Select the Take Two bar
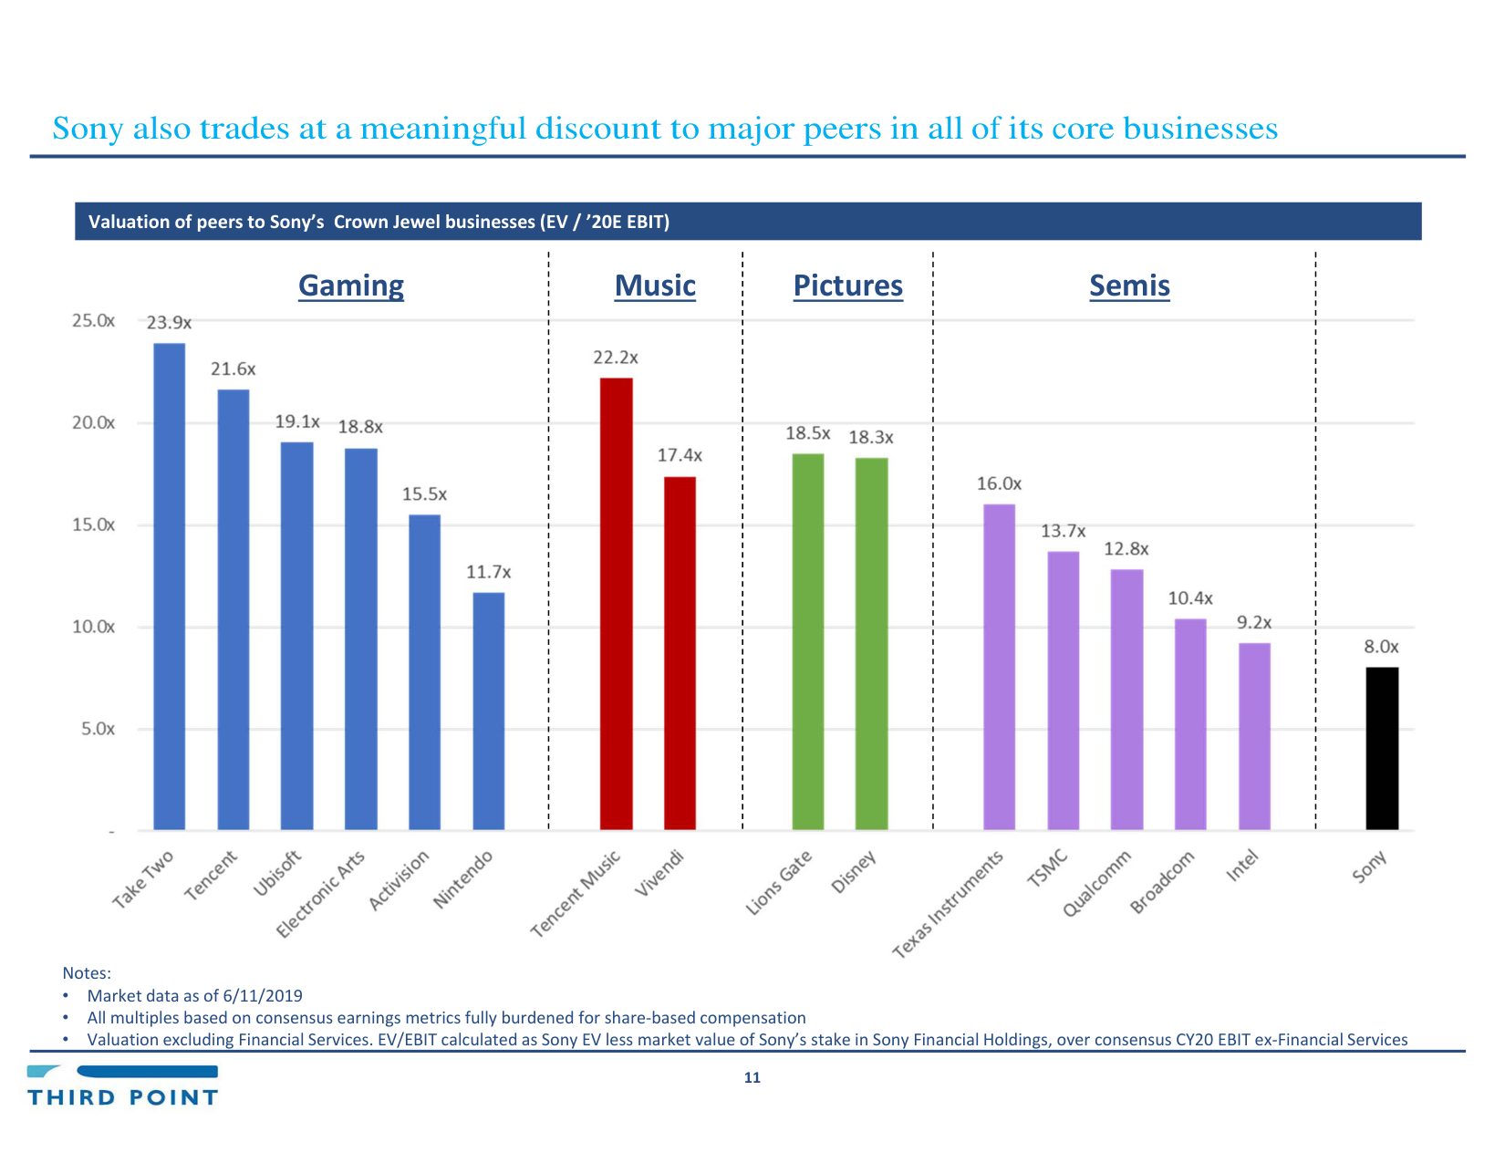169,586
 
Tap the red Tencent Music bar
616,603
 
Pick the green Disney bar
871,643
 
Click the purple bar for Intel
1254,736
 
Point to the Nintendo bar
488,711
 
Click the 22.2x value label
616,358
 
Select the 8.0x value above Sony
1381,647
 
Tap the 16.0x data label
999,483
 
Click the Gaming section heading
351,286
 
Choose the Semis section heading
1129,286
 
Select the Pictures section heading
847,286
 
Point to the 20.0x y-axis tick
93,423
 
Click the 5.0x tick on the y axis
98,729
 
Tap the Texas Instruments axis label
949,904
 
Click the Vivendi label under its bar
659,873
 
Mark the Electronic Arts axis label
321,894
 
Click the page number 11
752,1077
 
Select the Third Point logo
122,1085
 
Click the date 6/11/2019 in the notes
263,996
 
